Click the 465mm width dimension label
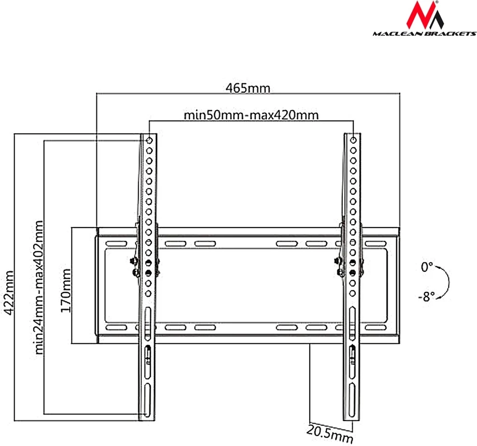248,88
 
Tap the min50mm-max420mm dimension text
251,115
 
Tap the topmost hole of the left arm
149,140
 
